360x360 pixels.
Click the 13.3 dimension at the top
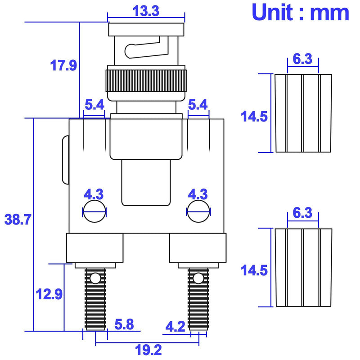click(x=146, y=11)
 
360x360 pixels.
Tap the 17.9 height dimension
click(x=63, y=65)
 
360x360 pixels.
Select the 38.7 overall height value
click(x=18, y=219)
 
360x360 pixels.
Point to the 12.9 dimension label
click(x=49, y=294)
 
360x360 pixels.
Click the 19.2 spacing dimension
click(x=148, y=350)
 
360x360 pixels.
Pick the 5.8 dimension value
click(x=124, y=324)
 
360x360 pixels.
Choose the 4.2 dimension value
click(x=175, y=327)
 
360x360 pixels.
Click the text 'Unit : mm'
click(x=301, y=12)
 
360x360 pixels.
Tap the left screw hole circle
click(x=94, y=211)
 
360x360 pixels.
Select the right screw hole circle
click(x=198, y=211)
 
